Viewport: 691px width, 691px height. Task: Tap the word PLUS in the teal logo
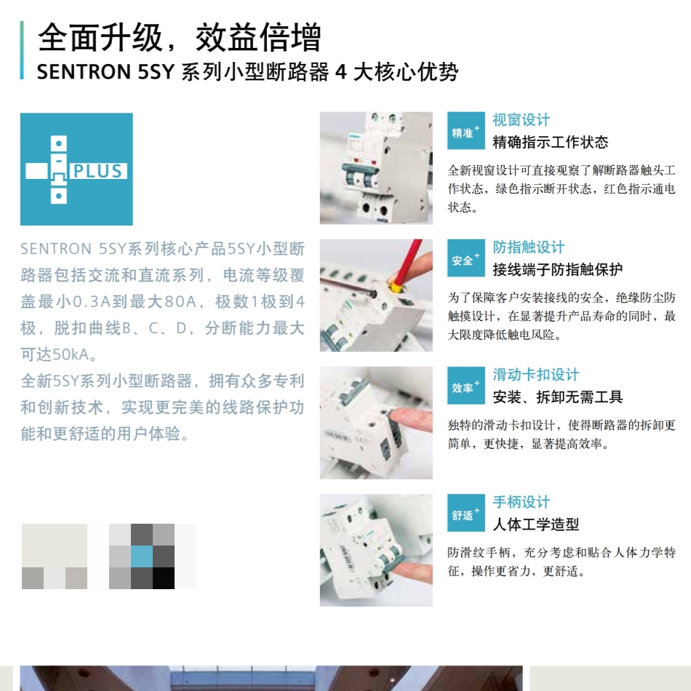pyautogui.click(x=97, y=172)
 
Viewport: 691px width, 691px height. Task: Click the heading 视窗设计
pyautogui.click(x=522, y=120)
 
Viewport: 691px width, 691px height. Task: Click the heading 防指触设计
pyautogui.click(x=529, y=247)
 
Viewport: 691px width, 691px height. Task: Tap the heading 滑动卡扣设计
pyautogui.click(x=536, y=375)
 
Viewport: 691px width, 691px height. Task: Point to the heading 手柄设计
pyautogui.click(x=522, y=502)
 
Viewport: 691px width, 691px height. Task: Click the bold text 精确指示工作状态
pyautogui.click(x=551, y=143)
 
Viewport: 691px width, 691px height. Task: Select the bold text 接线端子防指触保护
pyautogui.click(x=558, y=270)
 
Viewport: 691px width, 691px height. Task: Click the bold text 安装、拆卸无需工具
pyautogui.click(x=558, y=397)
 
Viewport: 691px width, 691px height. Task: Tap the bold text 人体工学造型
pyautogui.click(x=536, y=524)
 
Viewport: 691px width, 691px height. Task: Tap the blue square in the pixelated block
pyautogui.click(x=142, y=556)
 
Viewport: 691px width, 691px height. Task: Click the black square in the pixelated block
pyautogui.click(x=164, y=578)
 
